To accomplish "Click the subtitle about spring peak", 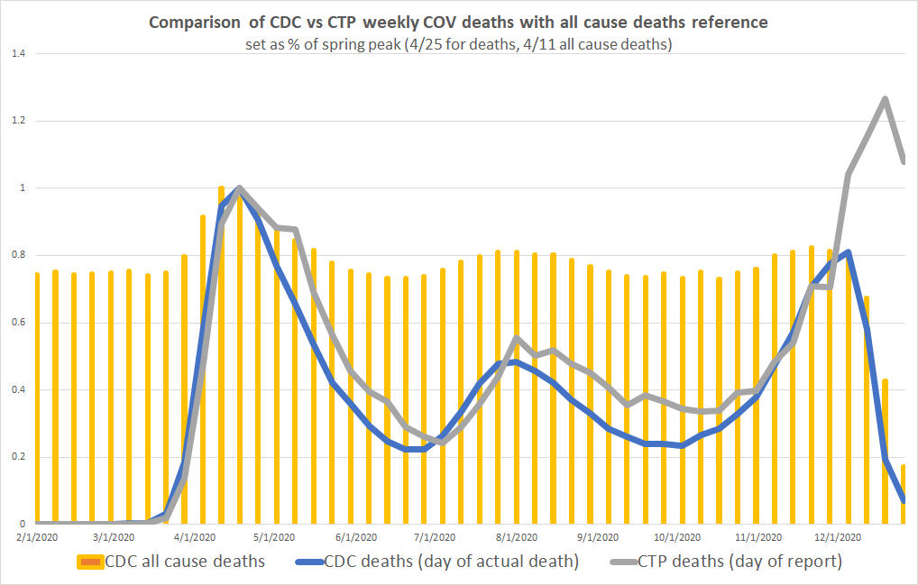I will click(458, 43).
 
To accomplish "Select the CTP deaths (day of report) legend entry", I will click(739, 562).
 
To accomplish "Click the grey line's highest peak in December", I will click(886, 99).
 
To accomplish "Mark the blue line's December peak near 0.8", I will click(849, 252).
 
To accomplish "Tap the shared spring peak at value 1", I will click(239, 187).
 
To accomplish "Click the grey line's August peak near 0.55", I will click(516, 338).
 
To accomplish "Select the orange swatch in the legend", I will click(90, 562).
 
